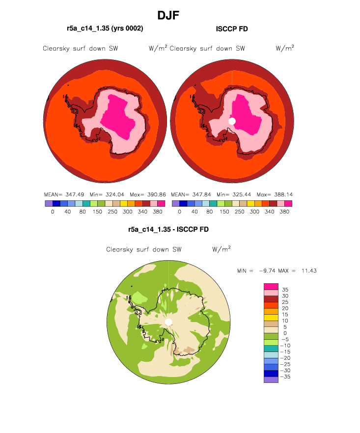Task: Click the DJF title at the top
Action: [168, 16]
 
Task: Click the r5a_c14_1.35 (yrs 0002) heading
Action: [105, 28]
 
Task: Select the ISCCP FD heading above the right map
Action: [232, 29]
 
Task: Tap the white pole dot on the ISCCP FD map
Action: [232, 121]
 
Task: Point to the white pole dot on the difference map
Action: [168, 322]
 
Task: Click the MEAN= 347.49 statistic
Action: [64, 194]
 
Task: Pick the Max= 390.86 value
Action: [148, 194]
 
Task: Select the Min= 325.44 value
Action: [234, 194]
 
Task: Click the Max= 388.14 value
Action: [275, 194]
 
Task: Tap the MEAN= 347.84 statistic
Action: [191, 194]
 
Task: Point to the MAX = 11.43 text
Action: [297, 271]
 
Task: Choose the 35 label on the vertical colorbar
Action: [285, 290]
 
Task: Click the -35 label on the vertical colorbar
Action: [285, 377]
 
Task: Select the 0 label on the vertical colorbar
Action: [285, 333]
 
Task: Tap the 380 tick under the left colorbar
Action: [158, 212]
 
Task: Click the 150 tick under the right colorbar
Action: [224, 212]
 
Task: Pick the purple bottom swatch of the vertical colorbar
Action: [271, 379]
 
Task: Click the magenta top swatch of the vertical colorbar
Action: [271, 286]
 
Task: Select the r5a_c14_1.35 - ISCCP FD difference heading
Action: [168, 229]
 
